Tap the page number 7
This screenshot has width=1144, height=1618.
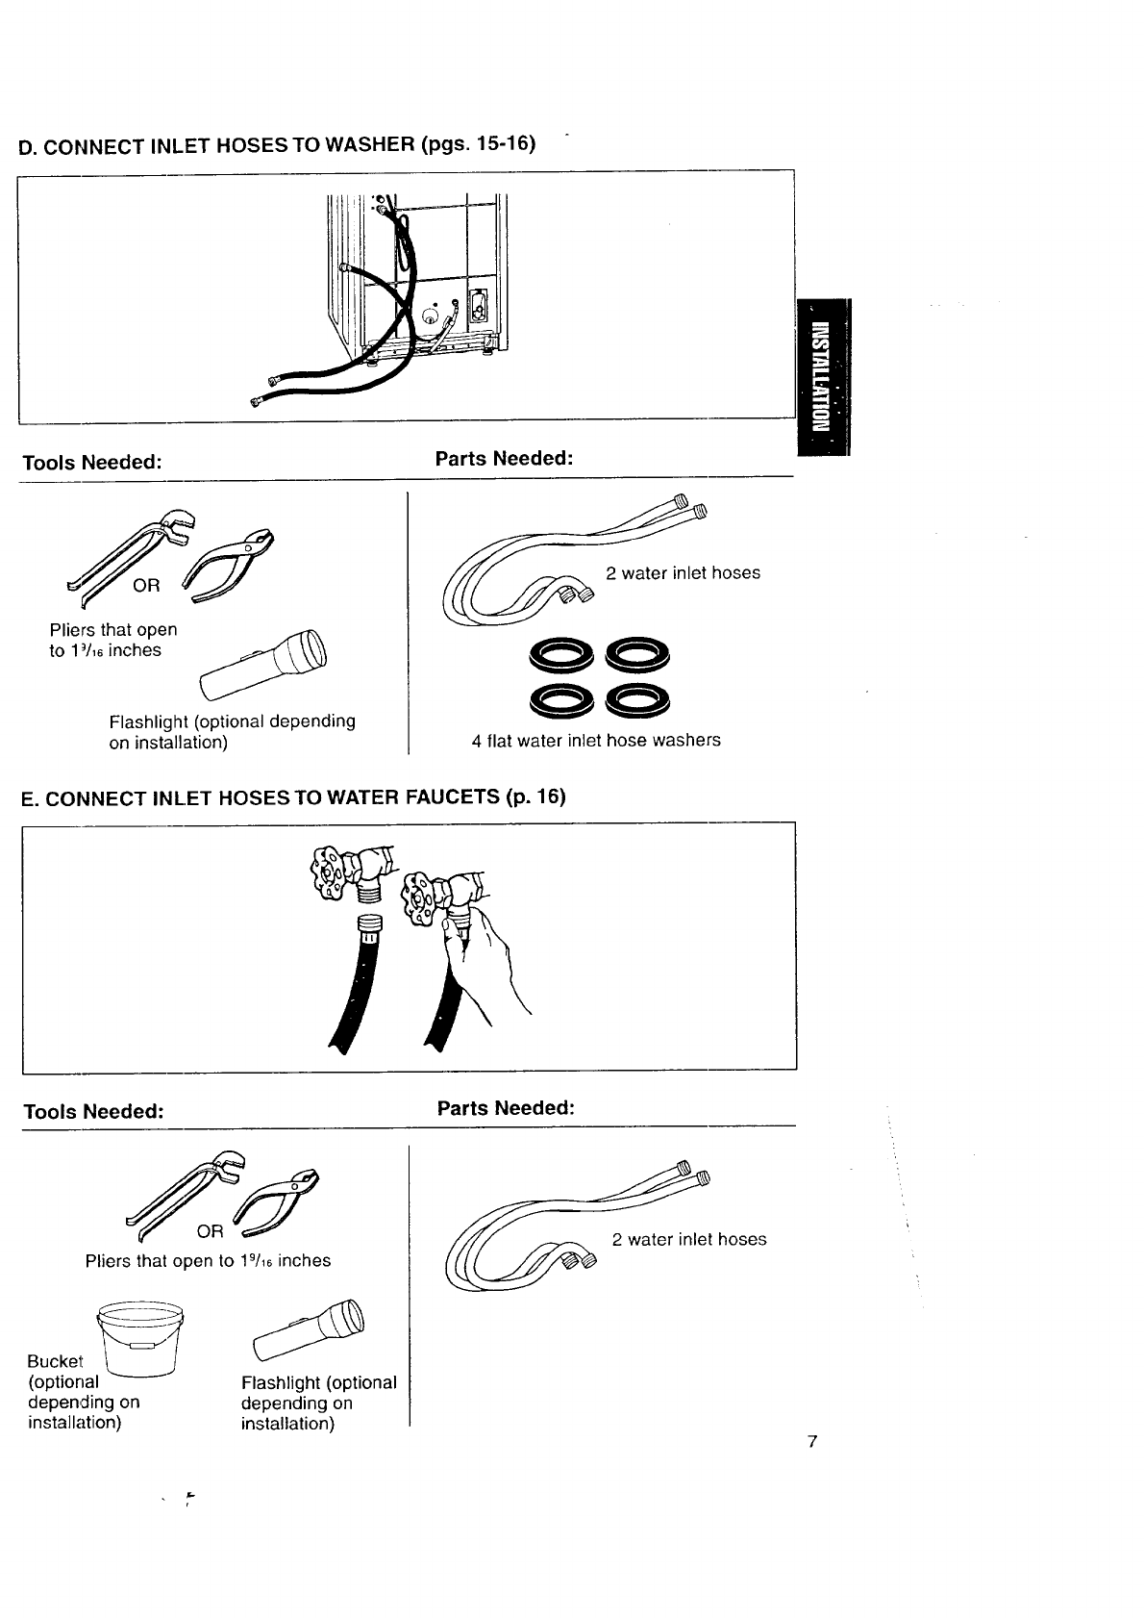(x=812, y=1441)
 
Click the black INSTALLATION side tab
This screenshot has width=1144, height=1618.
(x=824, y=377)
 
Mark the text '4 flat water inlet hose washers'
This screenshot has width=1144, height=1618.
(x=596, y=741)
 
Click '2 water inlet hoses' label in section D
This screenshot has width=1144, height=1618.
(x=683, y=573)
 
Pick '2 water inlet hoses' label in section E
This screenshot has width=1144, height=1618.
(x=689, y=1240)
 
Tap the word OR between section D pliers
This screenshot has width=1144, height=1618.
(x=146, y=585)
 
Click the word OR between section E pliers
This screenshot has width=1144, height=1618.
(x=210, y=1231)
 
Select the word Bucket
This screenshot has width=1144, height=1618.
(x=55, y=1361)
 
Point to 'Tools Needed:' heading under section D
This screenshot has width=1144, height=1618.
(x=91, y=462)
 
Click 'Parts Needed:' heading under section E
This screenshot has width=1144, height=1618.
(x=506, y=1108)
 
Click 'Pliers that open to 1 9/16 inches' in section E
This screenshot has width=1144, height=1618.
(x=208, y=1261)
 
